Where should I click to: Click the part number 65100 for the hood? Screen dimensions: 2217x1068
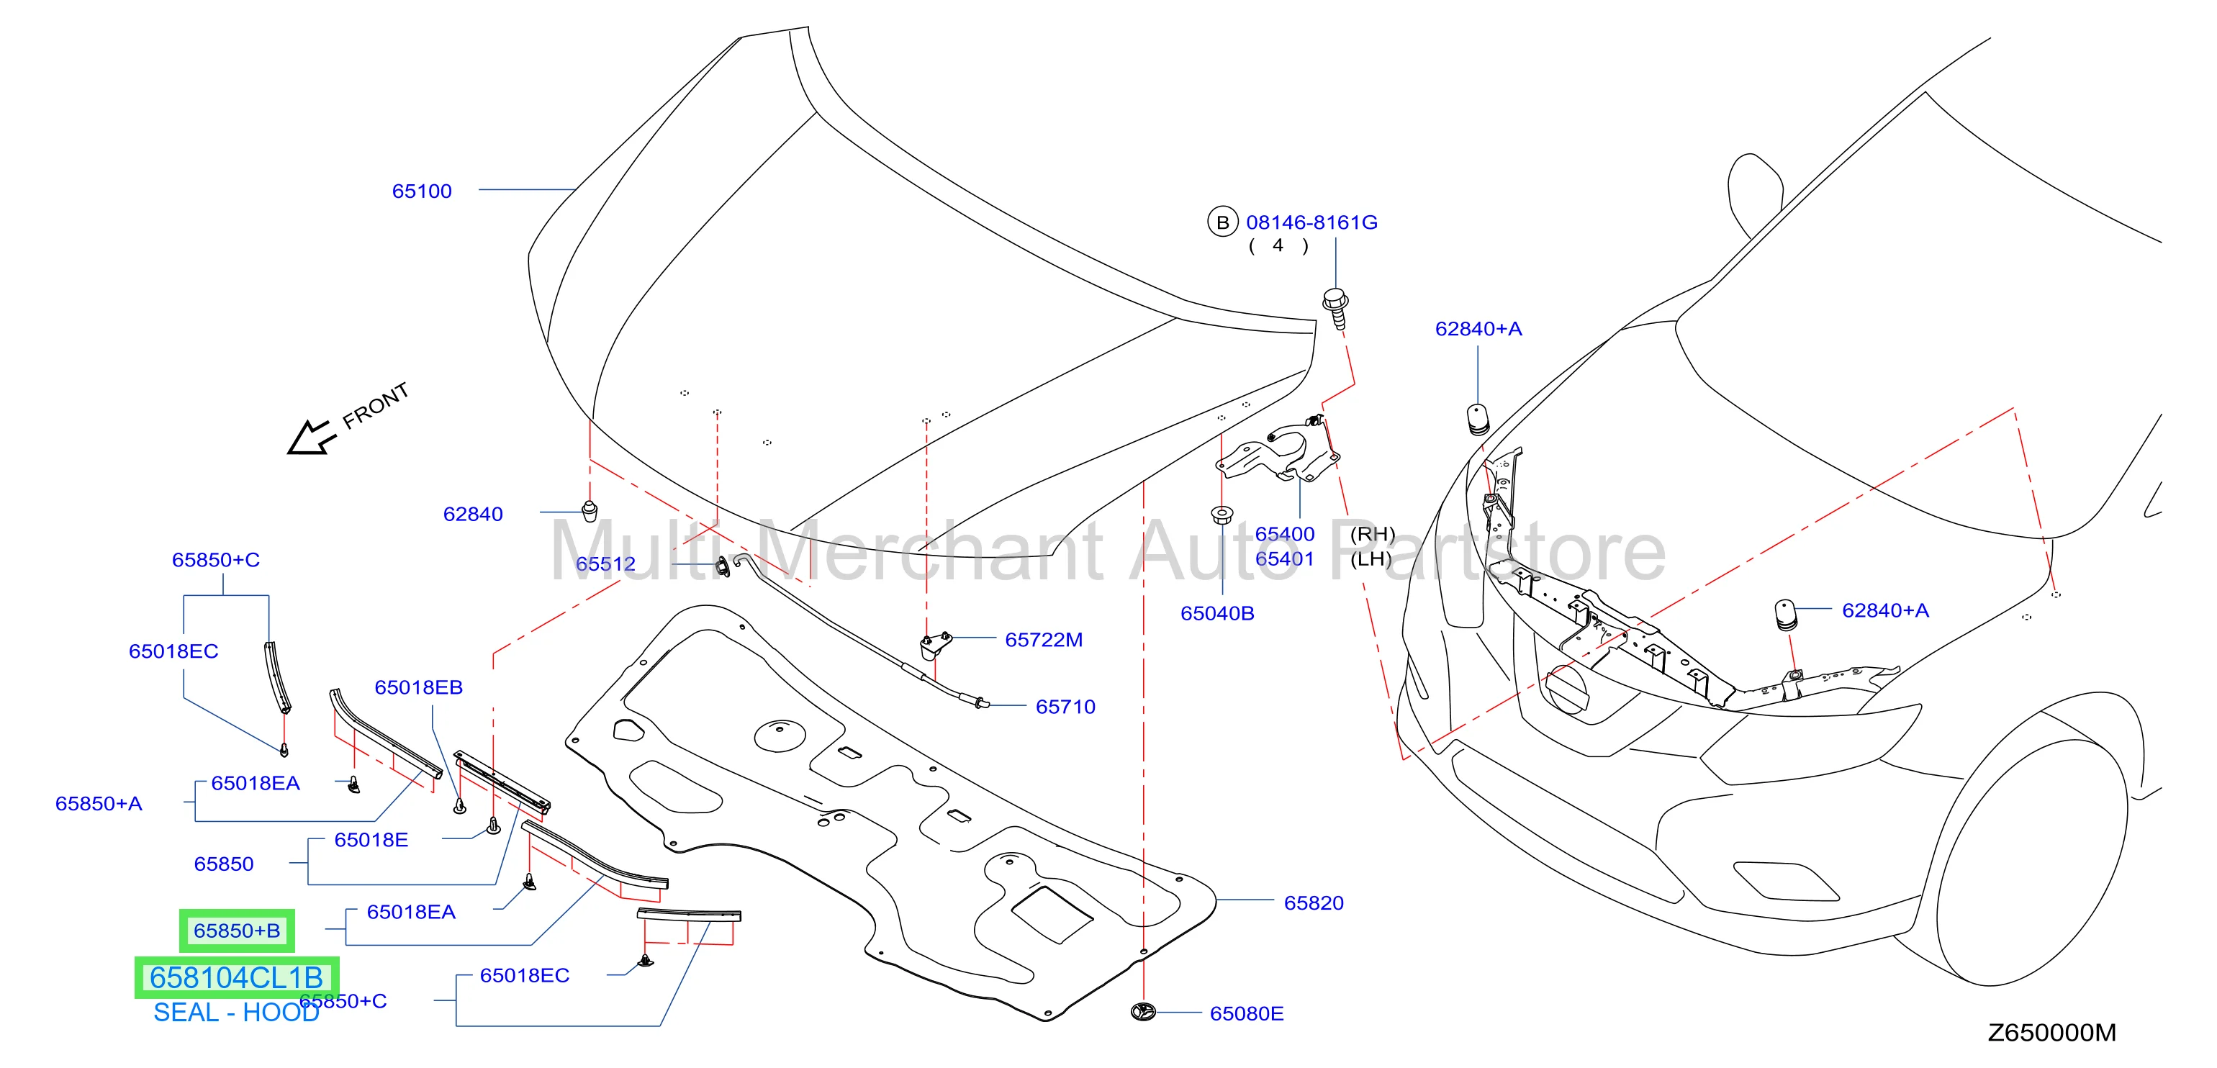422,191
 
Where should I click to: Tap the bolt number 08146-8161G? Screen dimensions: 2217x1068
1311,223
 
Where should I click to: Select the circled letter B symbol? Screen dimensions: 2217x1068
1222,222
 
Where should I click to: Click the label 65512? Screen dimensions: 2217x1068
606,564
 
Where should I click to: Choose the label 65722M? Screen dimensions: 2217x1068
1044,639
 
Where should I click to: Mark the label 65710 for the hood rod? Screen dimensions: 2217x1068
1065,707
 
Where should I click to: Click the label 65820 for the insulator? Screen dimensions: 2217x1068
1314,902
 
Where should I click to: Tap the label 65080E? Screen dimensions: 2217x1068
1246,1013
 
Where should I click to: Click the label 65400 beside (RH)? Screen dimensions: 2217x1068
1285,533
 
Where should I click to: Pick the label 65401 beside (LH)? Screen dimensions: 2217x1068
1285,558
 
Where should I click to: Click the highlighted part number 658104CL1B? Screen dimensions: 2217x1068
237,977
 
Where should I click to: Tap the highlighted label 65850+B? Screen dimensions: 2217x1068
237,931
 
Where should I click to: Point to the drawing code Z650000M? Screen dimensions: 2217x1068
2051,1032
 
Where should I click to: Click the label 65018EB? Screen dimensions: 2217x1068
418,687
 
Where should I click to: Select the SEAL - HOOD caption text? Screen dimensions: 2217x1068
236,1012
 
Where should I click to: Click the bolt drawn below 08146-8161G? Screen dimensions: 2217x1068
1336,308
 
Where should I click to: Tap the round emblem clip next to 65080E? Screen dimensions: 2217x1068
1143,1012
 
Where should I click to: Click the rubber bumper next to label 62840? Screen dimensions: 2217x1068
590,510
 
